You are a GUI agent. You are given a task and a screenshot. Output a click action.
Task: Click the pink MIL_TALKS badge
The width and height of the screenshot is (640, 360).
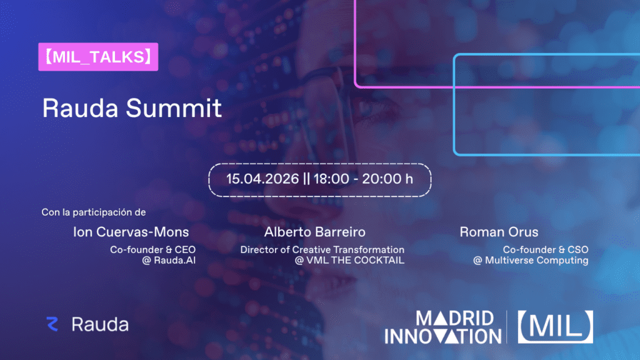[x=97, y=57]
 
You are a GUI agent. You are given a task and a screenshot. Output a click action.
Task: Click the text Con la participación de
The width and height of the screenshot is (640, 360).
[x=93, y=212]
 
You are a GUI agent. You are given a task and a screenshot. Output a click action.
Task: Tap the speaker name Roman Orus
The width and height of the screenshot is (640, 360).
[x=499, y=232]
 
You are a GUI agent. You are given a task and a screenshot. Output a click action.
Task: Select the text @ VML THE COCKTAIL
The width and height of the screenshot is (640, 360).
[x=349, y=260]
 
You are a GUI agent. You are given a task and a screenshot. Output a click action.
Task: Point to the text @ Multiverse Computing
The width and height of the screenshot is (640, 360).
[x=531, y=260]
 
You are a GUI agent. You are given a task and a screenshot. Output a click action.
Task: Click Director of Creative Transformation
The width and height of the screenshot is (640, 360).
[x=322, y=249]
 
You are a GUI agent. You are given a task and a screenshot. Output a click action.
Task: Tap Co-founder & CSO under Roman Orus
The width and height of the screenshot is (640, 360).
[x=546, y=249]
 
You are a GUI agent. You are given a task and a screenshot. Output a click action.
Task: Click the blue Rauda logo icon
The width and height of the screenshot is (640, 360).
[x=52, y=324]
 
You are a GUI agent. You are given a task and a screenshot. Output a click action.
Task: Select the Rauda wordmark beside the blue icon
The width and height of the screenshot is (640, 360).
[x=100, y=324]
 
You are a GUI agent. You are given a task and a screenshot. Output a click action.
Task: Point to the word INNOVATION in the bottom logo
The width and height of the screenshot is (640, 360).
[x=442, y=336]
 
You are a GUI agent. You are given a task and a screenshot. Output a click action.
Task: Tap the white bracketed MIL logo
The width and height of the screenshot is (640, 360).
[x=555, y=326]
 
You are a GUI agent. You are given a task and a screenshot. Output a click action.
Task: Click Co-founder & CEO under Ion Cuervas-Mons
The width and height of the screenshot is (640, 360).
[x=152, y=249]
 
